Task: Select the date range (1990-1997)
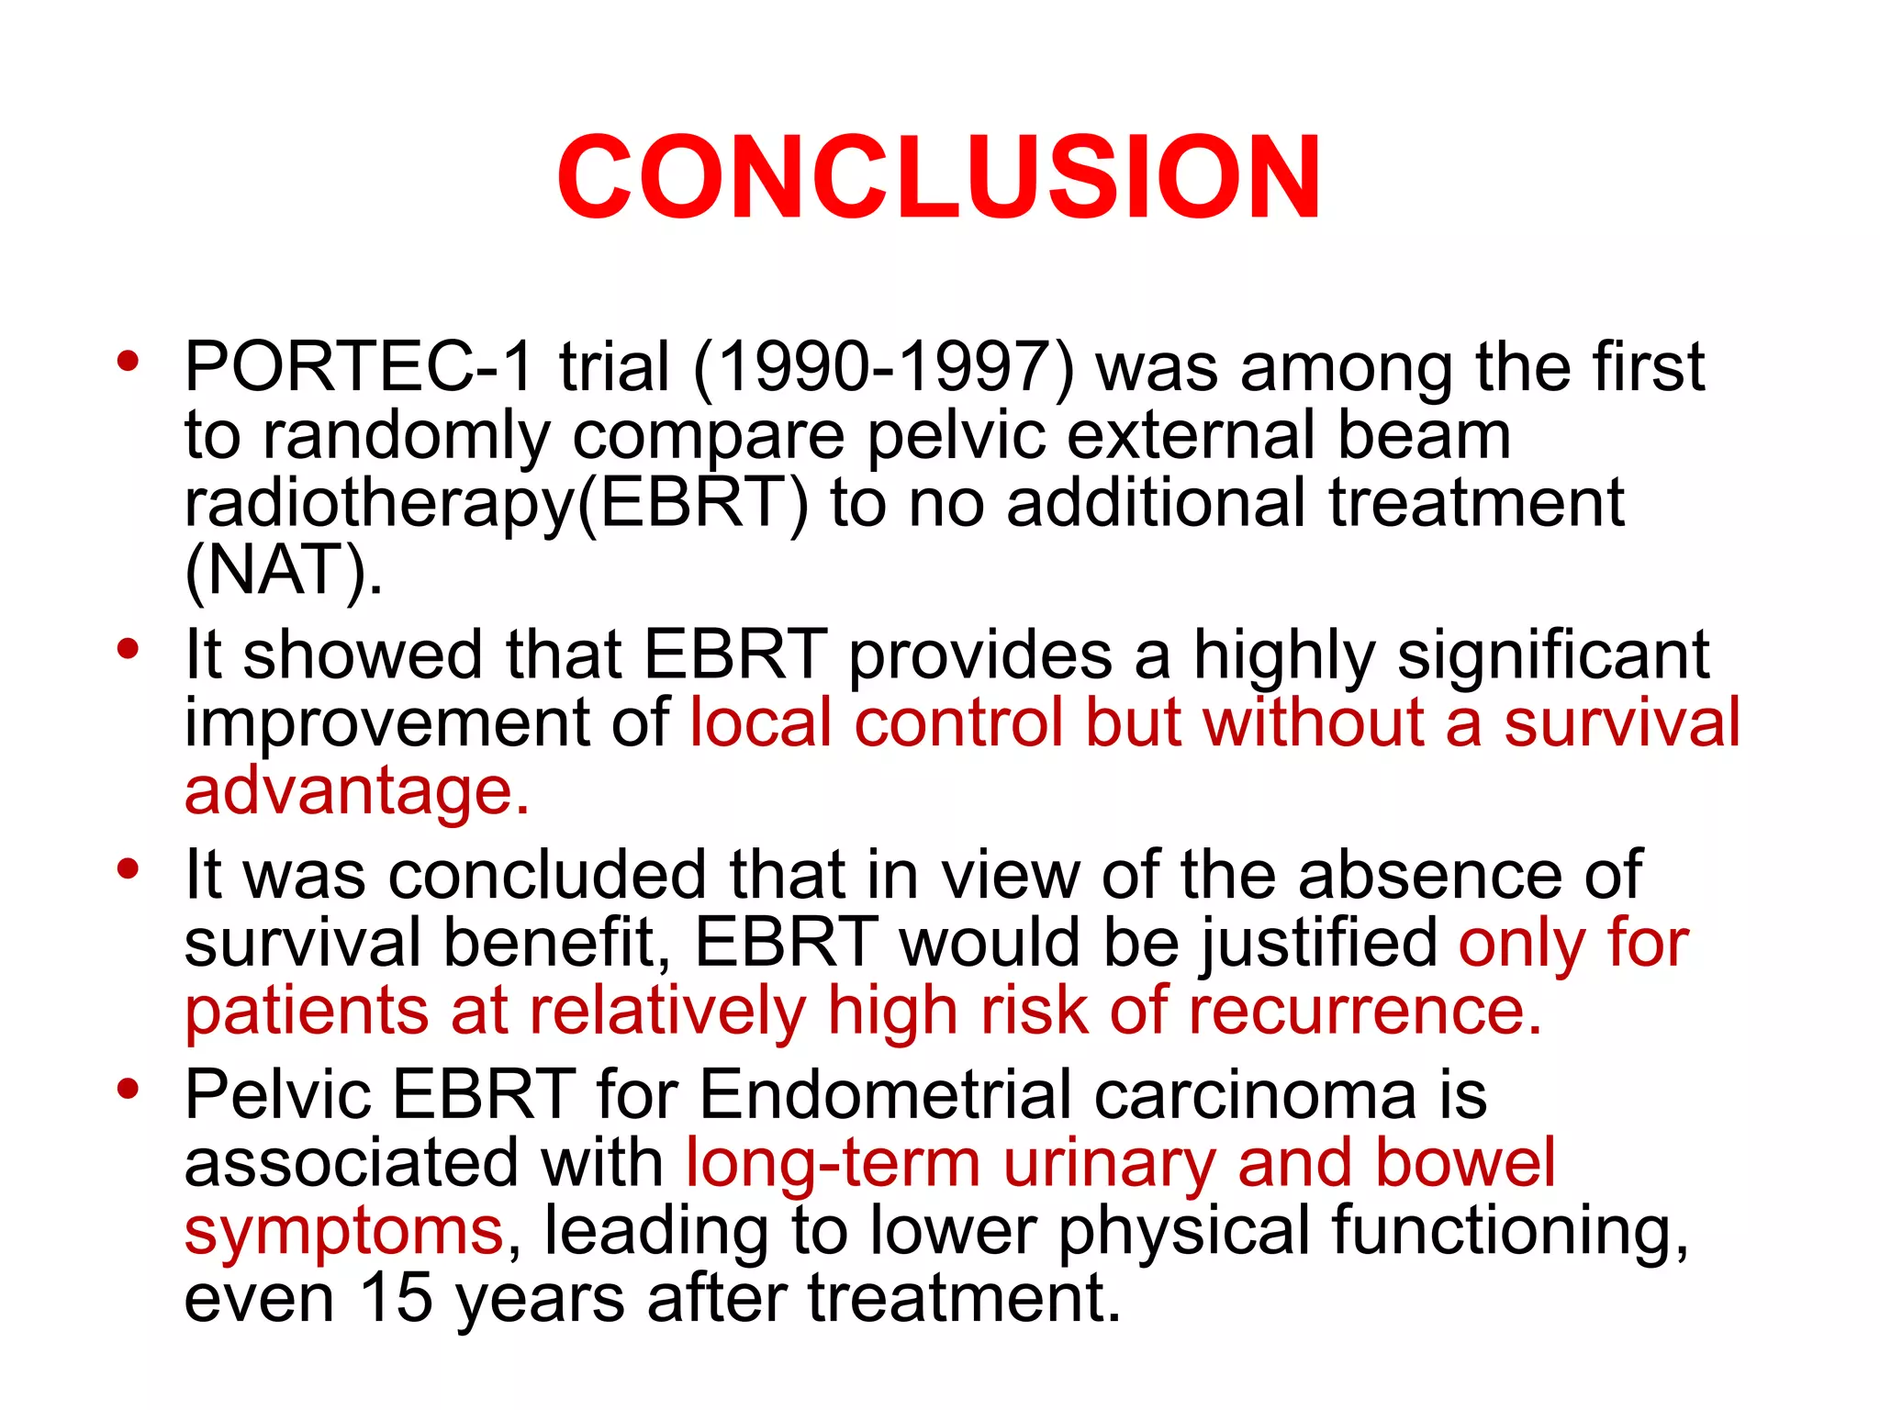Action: [x=883, y=366]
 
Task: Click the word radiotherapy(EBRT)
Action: [x=497, y=503]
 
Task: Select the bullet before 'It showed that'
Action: [x=128, y=649]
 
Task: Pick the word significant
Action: [x=1552, y=655]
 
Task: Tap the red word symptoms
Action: [x=343, y=1230]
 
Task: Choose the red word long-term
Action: [x=834, y=1162]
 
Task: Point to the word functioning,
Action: [x=1509, y=1230]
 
